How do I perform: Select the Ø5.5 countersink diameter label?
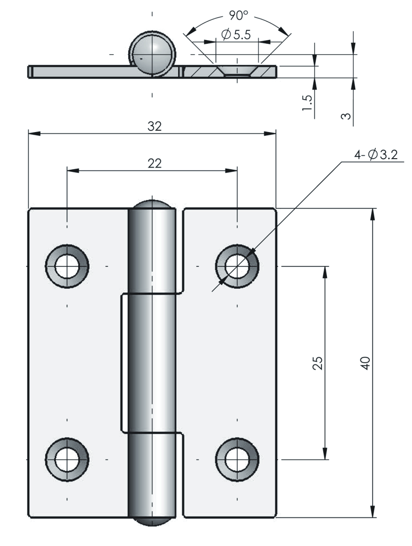point(236,35)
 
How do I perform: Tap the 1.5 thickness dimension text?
point(307,102)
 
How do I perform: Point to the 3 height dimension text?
point(346,115)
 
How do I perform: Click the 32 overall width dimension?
point(155,127)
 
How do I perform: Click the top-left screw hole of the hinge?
point(67,266)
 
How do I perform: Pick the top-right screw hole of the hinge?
point(237,266)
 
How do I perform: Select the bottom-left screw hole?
point(67,459)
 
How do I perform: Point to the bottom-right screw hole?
point(237,459)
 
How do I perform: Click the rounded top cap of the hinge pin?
point(152,205)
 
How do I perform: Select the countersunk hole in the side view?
point(237,71)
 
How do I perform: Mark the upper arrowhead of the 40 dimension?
point(372,213)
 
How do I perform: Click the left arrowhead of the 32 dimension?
point(34,133)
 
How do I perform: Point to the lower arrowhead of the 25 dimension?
point(325,454)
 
